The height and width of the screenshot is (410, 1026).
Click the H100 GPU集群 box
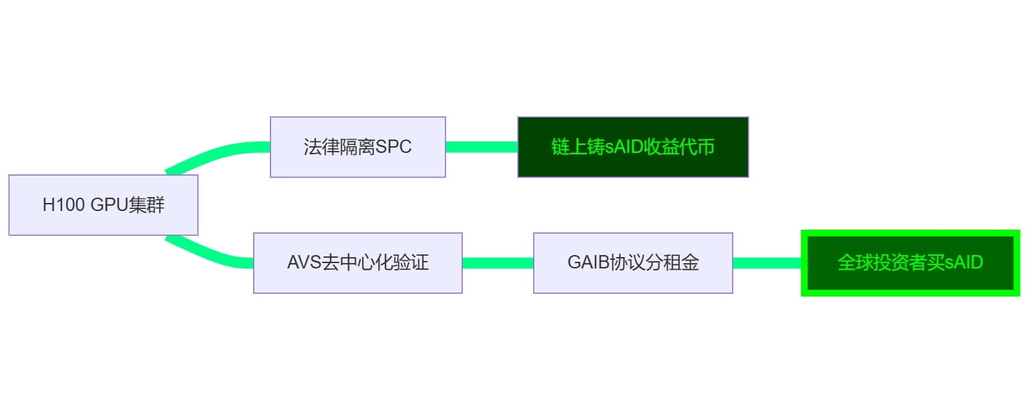point(103,205)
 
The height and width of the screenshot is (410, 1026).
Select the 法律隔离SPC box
point(357,147)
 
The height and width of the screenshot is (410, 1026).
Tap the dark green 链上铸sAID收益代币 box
point(633,147)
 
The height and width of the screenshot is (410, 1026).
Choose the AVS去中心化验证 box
point(357,262)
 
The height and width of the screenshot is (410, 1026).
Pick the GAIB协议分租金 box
point(633,262)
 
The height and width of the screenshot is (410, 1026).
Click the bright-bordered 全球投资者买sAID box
point(910,262)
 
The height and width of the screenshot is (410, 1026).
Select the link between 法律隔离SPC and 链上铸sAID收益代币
point(481,147)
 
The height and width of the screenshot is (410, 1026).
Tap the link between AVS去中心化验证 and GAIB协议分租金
point(498,262)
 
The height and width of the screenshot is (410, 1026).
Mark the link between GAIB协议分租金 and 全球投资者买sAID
point(767,262)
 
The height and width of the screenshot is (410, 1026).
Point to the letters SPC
point(393,147)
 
